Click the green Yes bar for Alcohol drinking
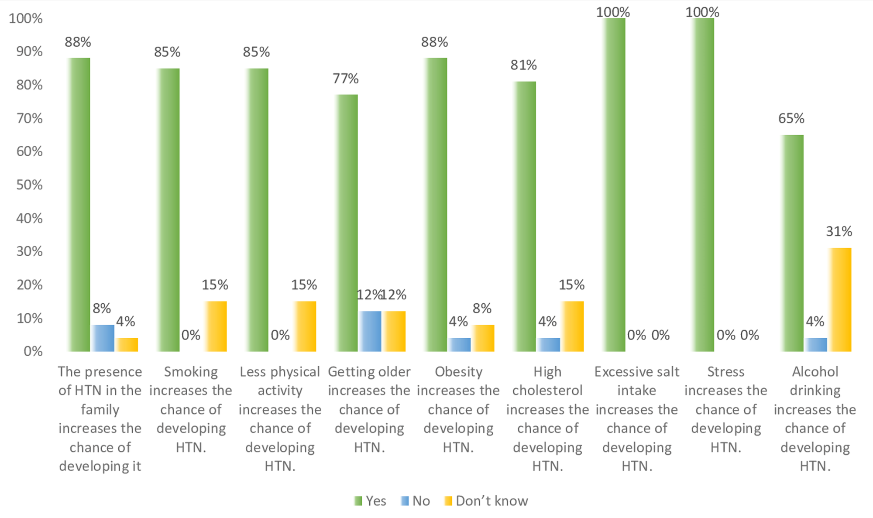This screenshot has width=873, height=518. [x=792, y=243]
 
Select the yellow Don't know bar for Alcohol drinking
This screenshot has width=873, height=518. [x=840, y=300]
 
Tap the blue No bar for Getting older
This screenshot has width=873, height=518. [x=370, y=331]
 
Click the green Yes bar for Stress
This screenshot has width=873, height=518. [x=703, y=185]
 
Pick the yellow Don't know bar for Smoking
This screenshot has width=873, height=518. [x=215, y=326]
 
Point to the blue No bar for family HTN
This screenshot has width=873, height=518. [x=103, y=338]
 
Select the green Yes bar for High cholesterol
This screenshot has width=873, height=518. [x=524, y=216]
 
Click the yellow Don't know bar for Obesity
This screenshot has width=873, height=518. [x=483, y=338]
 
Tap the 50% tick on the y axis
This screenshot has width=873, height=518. [x=30, y=185]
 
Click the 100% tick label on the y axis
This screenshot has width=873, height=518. [x=26, y=18]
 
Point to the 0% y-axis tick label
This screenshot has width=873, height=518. [x=33, y=352]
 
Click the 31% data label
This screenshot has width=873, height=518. [x=839, y=231]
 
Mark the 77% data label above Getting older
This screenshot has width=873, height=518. [x=346, y=79]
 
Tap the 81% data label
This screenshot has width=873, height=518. [x=524, y=65]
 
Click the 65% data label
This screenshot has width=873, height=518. [x=791, y=119]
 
